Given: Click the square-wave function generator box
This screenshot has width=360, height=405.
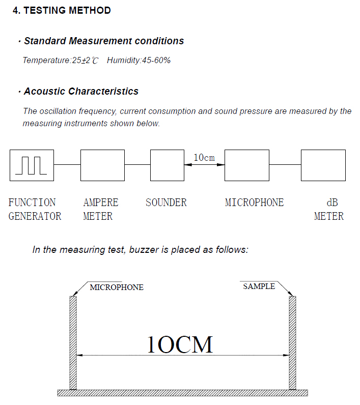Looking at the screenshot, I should point(32,165).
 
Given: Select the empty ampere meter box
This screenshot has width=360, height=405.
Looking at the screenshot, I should point(102,165).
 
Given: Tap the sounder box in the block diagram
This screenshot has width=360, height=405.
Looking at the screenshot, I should point(167,165).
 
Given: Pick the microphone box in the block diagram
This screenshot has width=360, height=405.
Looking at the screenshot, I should point(247,165).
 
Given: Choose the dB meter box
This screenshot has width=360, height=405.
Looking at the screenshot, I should point(323,165).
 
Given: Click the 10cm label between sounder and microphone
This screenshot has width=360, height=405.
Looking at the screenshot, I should point(204,158).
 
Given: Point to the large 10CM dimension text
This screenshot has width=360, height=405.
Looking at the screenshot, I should point(179,345).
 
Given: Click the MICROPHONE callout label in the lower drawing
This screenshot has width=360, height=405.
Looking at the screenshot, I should point(117,287).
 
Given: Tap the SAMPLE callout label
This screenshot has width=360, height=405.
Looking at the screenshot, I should point(259,286).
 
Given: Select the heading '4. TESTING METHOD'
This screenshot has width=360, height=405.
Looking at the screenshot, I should point(62,10).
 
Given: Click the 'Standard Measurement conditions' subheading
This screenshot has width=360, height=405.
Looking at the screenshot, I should point(104,41).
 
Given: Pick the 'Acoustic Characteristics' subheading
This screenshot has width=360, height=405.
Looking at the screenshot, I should point(81,92).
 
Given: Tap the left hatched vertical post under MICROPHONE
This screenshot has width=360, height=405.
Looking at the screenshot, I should point(73,342).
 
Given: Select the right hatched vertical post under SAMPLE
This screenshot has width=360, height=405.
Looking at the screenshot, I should point(292,342).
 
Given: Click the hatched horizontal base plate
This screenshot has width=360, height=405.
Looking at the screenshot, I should point(182,393).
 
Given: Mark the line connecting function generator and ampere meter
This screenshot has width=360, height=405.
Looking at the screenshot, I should point(67,165).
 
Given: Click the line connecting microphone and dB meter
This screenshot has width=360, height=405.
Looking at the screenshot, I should point(285,165).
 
